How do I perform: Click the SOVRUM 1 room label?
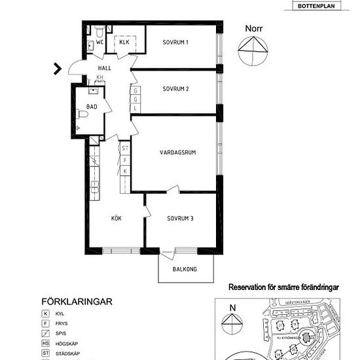175,43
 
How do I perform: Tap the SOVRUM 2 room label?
175,88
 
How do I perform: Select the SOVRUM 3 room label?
179,219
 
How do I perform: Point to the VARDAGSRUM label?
178,153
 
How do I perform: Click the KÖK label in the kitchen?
117,218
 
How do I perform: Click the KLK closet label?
124,43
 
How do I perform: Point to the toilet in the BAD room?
83,114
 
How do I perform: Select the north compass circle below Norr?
253,51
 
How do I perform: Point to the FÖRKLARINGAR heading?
78,302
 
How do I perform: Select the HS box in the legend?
46,344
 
